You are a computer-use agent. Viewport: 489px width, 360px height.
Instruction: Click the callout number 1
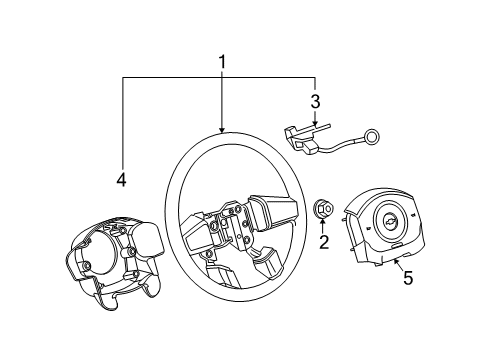[222, 63]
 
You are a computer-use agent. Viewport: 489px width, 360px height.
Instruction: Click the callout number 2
[323, 241]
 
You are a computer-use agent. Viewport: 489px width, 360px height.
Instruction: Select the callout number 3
[315, 101]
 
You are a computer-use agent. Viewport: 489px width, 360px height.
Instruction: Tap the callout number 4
[121, 181]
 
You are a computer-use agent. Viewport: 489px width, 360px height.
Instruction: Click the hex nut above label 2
[323, 209]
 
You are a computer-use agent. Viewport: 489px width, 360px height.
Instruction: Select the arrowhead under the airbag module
[396, 262]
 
